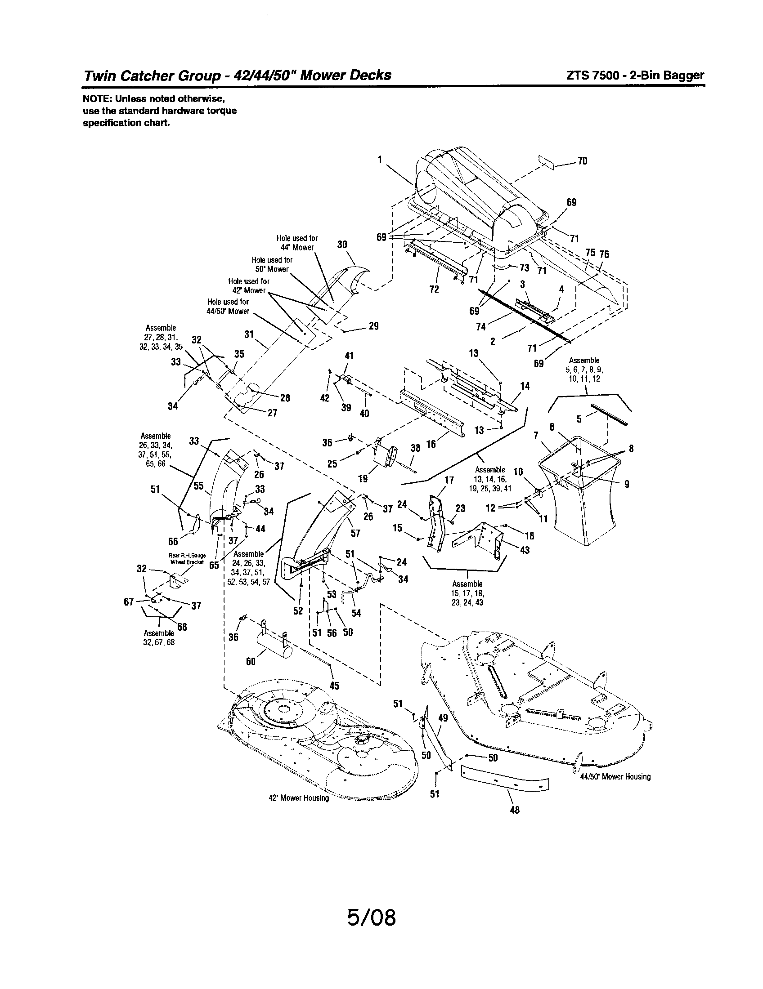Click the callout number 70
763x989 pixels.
(x=582, y=161)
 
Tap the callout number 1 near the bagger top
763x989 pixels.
(x=380, y=159)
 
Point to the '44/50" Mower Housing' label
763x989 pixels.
(x=615, y=777)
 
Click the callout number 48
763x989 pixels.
(x=515, y=810)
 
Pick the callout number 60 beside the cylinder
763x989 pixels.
(x=251, y=661)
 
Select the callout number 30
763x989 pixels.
(x=342, y=245)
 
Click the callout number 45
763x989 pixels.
(x=334, y=686)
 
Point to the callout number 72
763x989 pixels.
(x=434, y=289)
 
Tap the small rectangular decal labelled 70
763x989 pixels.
(x=547, y=162)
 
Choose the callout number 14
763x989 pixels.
(x=525, y=386)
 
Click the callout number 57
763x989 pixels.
(x=355, y=533)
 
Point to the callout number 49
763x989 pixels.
(x=443, y=718)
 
